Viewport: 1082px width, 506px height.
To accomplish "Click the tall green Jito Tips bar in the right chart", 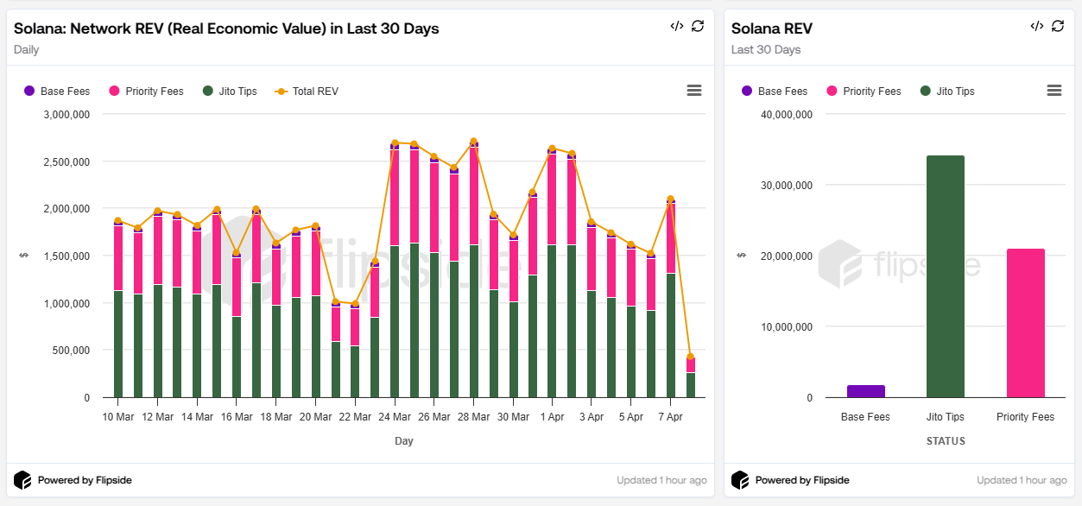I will (x=946, y=276).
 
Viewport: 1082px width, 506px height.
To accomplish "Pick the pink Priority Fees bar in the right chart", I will (x=1025, y=323).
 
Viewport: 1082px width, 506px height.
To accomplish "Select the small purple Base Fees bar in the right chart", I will (x=866, y=391).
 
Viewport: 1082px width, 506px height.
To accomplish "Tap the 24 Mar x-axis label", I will (x=395, y=417).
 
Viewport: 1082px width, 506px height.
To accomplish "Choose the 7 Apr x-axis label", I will (x=670, y=417).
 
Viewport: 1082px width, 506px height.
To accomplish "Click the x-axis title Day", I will (x=404, y=441).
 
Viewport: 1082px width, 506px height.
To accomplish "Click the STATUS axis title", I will (x=946, y=441).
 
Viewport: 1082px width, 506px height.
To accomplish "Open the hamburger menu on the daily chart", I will (x=693, y=91).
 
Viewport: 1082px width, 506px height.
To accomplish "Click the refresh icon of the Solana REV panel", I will (x=1058, y=26).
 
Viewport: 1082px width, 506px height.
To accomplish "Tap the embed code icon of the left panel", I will (x=676, y=26).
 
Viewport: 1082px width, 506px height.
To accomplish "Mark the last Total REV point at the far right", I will (x=690, y=357).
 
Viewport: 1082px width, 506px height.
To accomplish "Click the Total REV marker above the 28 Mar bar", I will (x=473, y=141).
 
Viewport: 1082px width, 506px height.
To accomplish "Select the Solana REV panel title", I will (x=771, y=28).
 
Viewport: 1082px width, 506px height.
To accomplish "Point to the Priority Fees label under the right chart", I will (x=1025, y=417).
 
